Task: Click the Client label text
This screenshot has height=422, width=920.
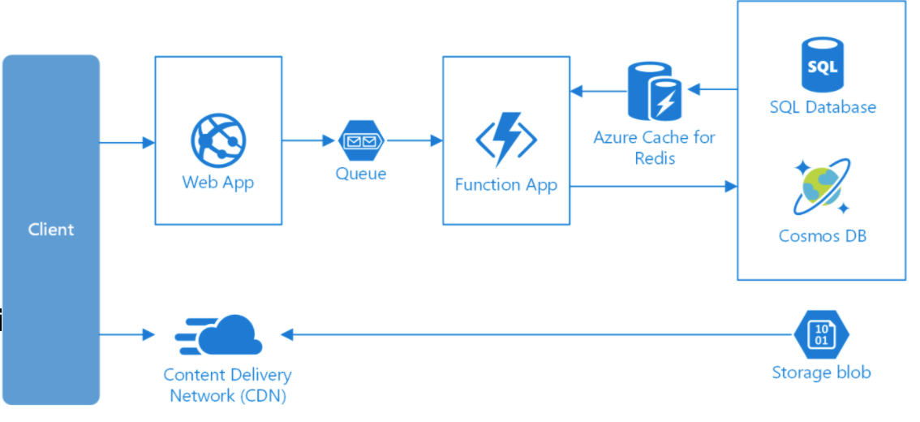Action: [51, 230]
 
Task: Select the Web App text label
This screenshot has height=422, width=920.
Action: [218, 182]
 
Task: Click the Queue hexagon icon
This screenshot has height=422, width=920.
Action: [362, 141]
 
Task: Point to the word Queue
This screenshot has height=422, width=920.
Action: [362, 174]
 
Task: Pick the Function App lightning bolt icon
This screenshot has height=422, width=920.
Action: [505, 140]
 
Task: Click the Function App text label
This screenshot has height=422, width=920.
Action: [505, 186]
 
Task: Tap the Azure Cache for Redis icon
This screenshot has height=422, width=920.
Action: [655, 90]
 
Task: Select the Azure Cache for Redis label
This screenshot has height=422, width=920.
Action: [654, 148]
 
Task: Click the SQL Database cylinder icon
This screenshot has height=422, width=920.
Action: [823, 65]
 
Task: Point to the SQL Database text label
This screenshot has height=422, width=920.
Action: [823, 107]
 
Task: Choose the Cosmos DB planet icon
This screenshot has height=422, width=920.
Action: [822, 186]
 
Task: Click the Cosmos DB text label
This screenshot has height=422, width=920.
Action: [823, 236]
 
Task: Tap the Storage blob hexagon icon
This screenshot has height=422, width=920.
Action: [821, 334]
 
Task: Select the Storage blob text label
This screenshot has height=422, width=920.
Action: [821, 372]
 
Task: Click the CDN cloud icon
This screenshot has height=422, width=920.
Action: [219, 334]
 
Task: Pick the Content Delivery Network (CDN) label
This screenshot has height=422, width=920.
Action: [228, 385]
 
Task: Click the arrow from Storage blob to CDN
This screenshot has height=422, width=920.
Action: [537, 334]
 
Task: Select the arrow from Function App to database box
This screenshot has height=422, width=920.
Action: [654, 187]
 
